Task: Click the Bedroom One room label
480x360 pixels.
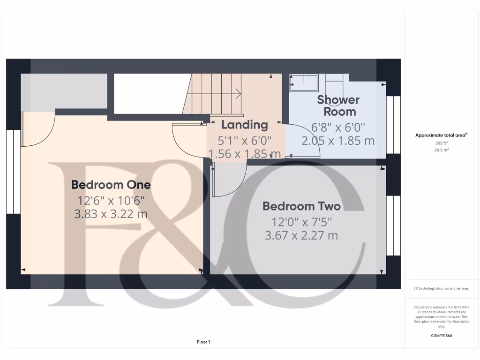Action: [x=111, y=185]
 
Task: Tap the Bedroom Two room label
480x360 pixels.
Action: [x=301, y=206]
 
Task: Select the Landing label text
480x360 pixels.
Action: [x=244, y=125]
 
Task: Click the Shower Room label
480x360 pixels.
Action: [x=338, y=105]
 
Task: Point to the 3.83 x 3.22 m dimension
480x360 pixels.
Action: [x=111, y=214]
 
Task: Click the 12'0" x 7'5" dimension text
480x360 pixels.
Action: [x=301, y=221]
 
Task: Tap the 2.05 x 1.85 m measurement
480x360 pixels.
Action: [x=338, y=141]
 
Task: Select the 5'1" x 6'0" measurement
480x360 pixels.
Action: [x=244, y=140]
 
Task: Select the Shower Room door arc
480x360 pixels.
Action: [x=305, y=141]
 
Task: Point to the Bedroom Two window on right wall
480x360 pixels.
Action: [x=393, y=225]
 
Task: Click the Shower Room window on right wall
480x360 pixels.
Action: [x=393, y=125]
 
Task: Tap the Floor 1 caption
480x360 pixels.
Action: [x=203, y=342]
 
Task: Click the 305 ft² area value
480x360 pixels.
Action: [x=441, y=143]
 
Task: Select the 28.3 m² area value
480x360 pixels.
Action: [x=441, y=150]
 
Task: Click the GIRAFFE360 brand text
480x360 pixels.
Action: [x=441, y=336]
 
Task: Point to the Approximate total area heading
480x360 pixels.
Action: [x=441, y=135]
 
